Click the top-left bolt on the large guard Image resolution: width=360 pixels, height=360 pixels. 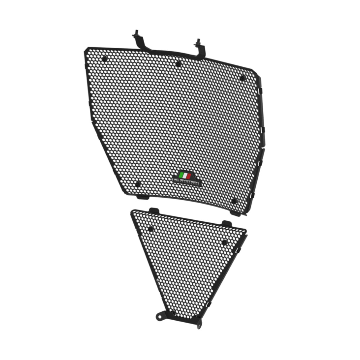[104, 59]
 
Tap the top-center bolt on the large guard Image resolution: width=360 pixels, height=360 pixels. [179, 63]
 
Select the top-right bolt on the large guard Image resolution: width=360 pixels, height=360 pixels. [242, 78]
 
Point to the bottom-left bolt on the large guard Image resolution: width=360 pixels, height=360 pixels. [138, 184]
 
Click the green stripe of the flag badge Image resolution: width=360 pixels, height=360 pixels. [180, 175]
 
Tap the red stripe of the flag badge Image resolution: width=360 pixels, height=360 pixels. [189, 176]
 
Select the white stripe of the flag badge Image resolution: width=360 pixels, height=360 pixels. [185, 176]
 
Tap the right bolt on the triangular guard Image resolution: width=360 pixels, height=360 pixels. [224, 242]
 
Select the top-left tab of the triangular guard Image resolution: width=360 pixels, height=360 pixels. [153, 210]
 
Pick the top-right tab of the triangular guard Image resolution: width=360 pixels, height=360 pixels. [226, 224]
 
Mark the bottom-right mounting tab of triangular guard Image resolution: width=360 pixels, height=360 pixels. [198, 323]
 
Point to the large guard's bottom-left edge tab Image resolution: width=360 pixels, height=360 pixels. [143, 197]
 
